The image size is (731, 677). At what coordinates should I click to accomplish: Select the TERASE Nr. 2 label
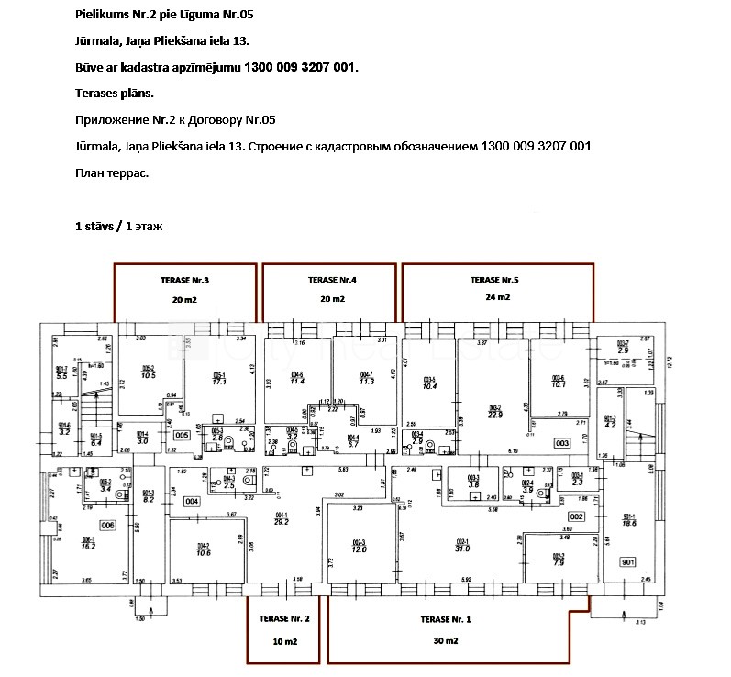pos(284,619)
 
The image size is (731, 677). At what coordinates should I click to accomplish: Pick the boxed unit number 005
pos(182,435)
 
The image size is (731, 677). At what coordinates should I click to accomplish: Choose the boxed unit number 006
pos(108,525)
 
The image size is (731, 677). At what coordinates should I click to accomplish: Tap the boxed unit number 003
pos(563,443)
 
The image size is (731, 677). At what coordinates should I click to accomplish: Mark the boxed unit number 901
pos(628,561)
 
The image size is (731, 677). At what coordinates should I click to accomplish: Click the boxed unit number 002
pos(576,517)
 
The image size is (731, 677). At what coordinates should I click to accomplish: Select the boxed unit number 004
pos(192,501)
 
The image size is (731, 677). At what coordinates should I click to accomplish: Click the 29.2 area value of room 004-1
pos(282,521)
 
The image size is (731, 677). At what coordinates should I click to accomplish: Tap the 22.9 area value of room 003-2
pos(495,415)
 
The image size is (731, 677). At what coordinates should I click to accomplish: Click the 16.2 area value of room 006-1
pos(88,546)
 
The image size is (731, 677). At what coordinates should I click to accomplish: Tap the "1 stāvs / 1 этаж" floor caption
pos(118,225)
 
